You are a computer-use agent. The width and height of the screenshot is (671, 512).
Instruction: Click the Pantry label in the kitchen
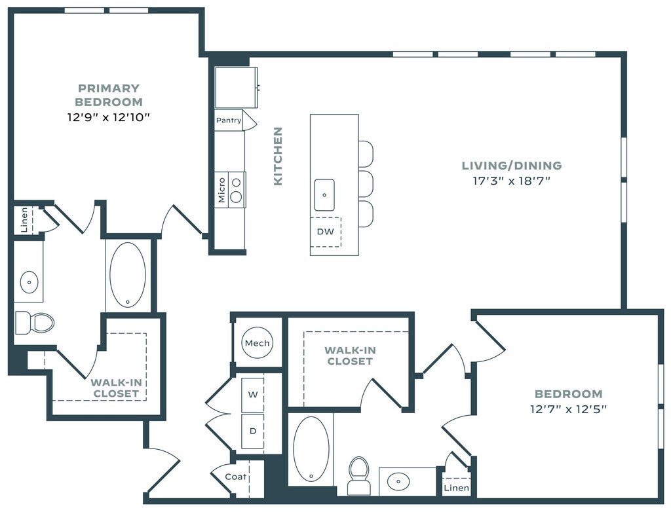(x=229, y=120)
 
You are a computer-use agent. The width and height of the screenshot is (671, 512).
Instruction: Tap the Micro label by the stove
(x=221, y=190)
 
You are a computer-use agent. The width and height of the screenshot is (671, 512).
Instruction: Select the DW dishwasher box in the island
(x=326, y=232)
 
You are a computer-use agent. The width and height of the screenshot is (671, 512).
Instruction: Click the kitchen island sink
(x=324, y=195)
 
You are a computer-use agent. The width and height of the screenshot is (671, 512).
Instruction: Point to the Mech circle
(x=257, y=343)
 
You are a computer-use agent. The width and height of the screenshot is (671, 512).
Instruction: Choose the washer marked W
(x=253, y=394)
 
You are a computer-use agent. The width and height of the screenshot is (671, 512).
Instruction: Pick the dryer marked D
(x=253, y=431)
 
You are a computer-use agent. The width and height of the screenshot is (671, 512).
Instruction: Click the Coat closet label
(x=235, y=477)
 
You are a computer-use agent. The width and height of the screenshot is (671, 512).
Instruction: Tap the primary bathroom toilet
(x=35, y=323)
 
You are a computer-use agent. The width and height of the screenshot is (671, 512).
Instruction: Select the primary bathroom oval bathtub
(x=128, y=275)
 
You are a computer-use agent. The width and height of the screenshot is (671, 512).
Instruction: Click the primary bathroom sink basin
(x=29, y=282)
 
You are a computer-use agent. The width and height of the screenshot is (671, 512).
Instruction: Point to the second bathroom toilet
(x=358, y=475)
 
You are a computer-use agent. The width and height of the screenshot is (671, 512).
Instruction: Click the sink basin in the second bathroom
(x=398, y=481)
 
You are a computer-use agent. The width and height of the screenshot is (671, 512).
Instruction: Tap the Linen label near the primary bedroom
(x=24, y=220)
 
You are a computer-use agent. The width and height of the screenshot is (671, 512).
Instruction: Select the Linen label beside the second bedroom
(x=456, y=488)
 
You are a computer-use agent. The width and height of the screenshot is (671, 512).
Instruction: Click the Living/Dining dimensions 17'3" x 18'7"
(x=511, y=181)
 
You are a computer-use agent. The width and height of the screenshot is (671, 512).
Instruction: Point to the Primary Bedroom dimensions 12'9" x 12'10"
(x=109, y=117)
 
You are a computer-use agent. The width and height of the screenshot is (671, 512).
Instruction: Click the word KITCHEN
(x=278, y=156)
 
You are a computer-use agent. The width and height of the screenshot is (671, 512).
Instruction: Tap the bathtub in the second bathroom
(x=311, y=449)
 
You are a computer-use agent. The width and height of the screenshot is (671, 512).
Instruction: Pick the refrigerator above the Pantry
(x=236, y=88)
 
